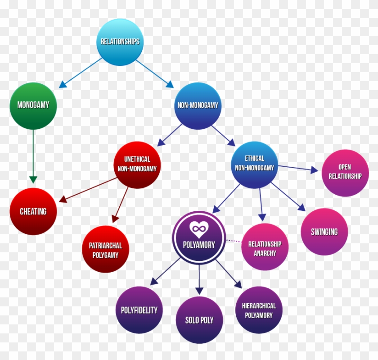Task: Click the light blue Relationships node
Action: (120, 42)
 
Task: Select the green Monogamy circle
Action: (33, 106)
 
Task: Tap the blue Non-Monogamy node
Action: (198, 105)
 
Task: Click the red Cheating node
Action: (33, 211)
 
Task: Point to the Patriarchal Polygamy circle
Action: (105, 250)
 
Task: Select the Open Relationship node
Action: (345, 173)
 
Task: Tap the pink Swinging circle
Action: (324, 232)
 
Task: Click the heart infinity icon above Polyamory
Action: (198, 230)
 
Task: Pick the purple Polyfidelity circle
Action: (139, 310)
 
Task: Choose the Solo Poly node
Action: (199, 320)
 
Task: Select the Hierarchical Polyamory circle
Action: (259, 310)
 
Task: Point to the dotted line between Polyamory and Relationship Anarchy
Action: (234, 242)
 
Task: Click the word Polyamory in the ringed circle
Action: (198, 245)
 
